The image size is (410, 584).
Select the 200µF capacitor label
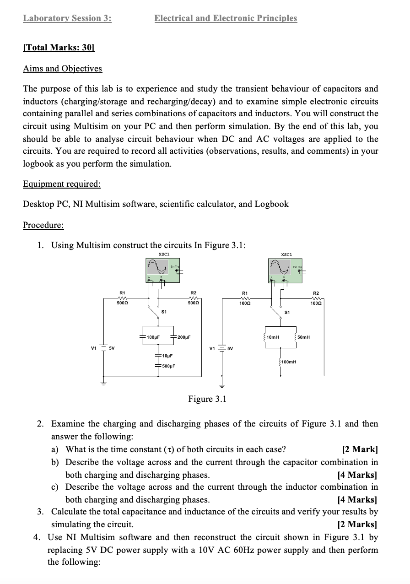184,337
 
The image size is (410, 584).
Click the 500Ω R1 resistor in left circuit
122,298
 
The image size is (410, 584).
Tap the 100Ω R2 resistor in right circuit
316,298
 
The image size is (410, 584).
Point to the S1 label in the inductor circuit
287,313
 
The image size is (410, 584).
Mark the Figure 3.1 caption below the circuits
207,399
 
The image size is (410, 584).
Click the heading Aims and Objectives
63,69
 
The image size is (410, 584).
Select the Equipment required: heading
62,184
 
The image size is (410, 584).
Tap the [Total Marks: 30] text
58,48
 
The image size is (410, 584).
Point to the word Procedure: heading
43,225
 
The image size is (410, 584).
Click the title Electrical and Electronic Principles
226,18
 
